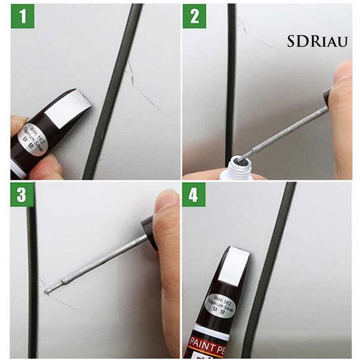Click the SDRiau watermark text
[x=317, y=42]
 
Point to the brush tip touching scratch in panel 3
[x=49, y=290]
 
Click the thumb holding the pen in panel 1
[x=45, y=170]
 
